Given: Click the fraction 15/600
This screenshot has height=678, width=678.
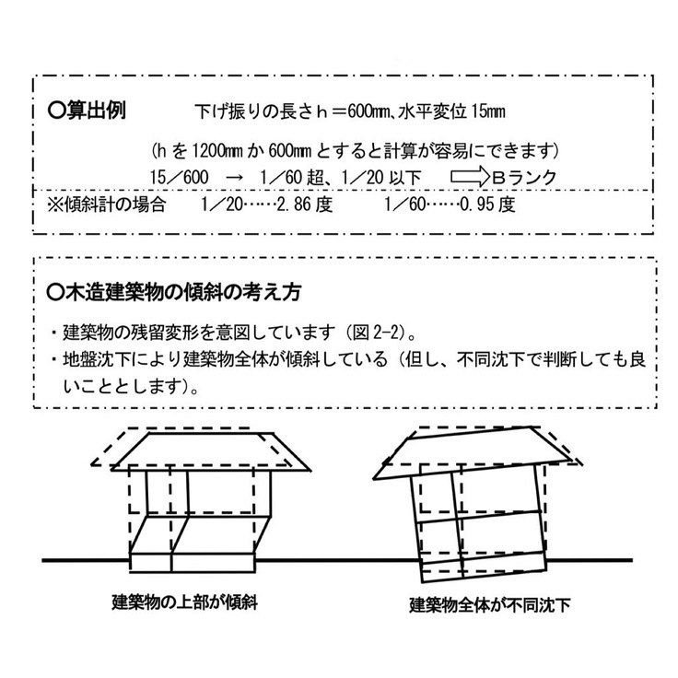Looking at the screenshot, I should [181, 176].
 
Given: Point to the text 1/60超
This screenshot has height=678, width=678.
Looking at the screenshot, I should [294, 176].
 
